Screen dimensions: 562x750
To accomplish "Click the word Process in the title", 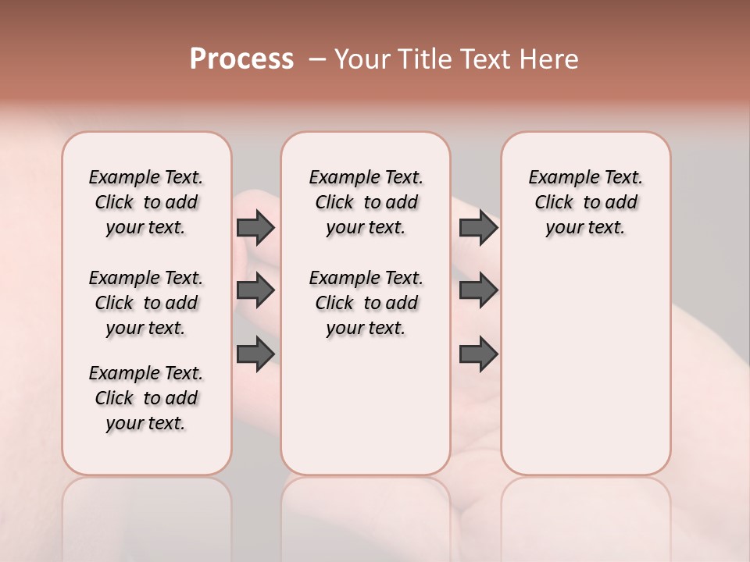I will point(241,59).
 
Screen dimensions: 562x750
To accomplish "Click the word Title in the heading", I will point(423,59).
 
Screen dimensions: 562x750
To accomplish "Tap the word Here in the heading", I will point(551,59).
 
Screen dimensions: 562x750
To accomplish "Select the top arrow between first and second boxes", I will point(255,227).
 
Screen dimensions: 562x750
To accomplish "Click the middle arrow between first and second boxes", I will point(255,290).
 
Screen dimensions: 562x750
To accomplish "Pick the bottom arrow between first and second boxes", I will point(255,354).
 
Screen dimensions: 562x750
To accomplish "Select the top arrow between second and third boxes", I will point(478,227).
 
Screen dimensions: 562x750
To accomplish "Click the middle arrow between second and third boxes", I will point(478,290).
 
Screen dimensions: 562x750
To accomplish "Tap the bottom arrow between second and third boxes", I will point(478,354).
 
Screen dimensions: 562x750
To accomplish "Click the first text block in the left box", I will point(146,202).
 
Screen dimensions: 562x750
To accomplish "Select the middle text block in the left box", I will point(146,303).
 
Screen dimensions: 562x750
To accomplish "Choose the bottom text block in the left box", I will point(146,398).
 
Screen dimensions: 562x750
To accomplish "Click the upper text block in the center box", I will point(366,202).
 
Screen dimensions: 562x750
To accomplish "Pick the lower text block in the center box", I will point(366,303).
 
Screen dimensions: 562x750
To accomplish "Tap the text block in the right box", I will point(585,202).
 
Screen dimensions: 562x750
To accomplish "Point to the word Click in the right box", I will point(554,203).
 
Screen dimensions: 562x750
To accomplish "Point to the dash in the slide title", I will point(317,59).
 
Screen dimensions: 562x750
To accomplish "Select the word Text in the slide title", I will point(488,59).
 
